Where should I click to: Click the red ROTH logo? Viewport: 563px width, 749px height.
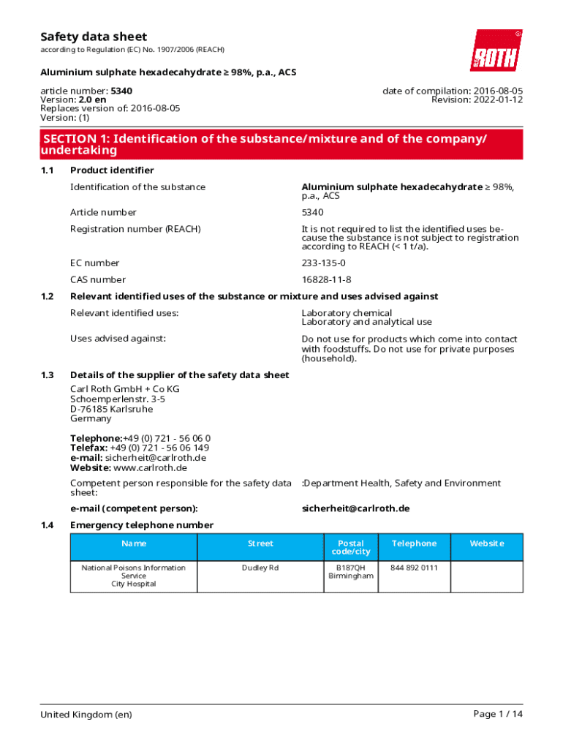tap(496, 50)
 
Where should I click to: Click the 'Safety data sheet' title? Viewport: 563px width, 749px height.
tap(93, 37)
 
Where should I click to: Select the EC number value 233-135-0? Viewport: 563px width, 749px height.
tap(324, 263)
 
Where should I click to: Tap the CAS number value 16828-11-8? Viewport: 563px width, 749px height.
tap(326, 279)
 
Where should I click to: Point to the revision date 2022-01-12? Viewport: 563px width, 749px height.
tap(497, 99)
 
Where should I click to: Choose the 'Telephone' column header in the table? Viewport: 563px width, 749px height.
tap(414, 543)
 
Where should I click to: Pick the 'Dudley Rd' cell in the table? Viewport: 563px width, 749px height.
tap(260, 568)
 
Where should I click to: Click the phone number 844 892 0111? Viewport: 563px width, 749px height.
tap(414, 568)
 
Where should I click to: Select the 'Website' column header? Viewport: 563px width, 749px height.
tap(487, 543)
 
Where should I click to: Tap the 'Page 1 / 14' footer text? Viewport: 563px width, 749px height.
tap(498, 714)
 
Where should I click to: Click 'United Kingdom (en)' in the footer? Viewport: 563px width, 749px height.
tap(86, 714)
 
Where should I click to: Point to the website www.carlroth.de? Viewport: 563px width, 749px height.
tap(151, 467)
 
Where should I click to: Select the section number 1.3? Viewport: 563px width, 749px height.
tap(47, 375)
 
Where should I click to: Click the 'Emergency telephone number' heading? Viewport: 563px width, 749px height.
tap(142, 525)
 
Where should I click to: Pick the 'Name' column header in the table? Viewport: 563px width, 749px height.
tap(134, 543)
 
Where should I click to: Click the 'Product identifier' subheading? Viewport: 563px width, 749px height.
tap(112, 170)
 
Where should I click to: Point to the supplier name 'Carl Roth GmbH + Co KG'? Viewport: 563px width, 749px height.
tap(124, 389)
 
